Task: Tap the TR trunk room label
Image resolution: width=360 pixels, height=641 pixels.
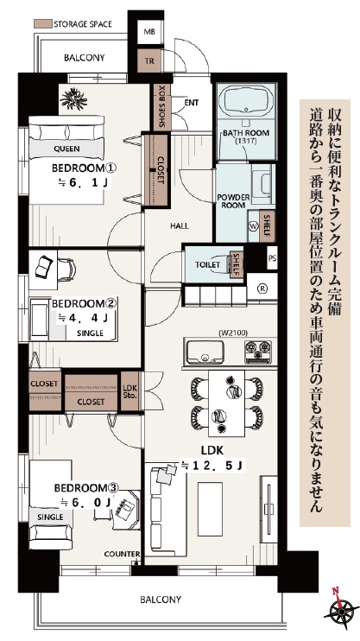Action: pos(148,61)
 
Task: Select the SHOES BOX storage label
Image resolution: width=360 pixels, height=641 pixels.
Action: pos(161,107)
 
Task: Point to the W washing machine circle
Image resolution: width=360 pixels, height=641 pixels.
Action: pos(253,225)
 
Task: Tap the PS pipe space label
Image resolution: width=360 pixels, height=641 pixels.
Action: pos(272,258)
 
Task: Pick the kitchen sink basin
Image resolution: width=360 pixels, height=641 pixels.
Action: pos(205,352)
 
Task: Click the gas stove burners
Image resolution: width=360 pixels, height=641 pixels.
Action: pos(257,352)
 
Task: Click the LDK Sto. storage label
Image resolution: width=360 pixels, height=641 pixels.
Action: pos(129,391)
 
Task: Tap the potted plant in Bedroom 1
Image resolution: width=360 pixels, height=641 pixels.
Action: pos(73,99)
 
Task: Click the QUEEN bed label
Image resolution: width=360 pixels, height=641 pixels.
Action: pos(66,149)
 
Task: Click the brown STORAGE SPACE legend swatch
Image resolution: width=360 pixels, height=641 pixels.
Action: pos(42,23)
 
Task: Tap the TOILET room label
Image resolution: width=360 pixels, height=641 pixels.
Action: pos(207,264)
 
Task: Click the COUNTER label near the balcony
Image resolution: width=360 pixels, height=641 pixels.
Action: pos(122,554)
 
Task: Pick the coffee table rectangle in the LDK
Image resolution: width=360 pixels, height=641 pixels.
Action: pos(210,509)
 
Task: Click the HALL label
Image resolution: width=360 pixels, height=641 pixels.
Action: pos(180,225)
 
